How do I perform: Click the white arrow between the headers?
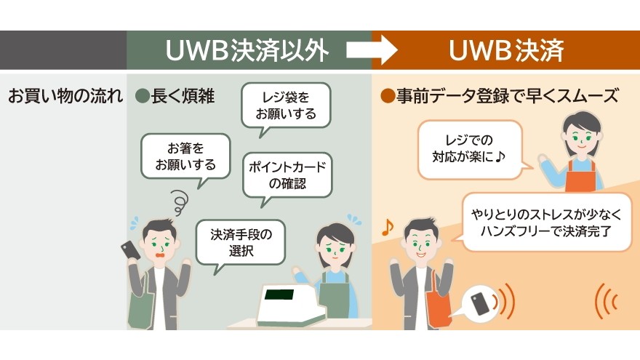pos(371,50)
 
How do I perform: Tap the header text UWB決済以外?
pos(248,50)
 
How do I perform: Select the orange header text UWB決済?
pos(506,50)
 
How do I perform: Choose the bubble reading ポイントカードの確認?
pos(287,175)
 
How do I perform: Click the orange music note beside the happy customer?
pos(388,227)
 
